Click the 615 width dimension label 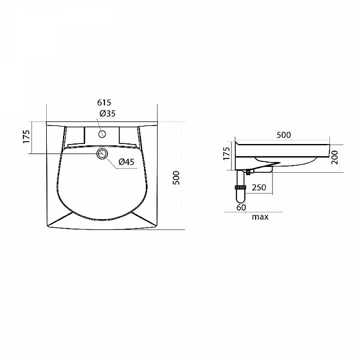pos(104,103)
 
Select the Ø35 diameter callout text pos(107,113)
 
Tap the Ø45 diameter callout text pos(126,162)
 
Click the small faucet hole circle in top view pos(102,134)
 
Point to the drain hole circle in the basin pos(102,154)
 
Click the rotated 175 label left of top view pos(26,137)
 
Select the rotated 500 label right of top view pos(176,178)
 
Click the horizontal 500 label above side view pos(284,135)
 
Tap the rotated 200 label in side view pos(335,157)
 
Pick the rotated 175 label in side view pos(226,154)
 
